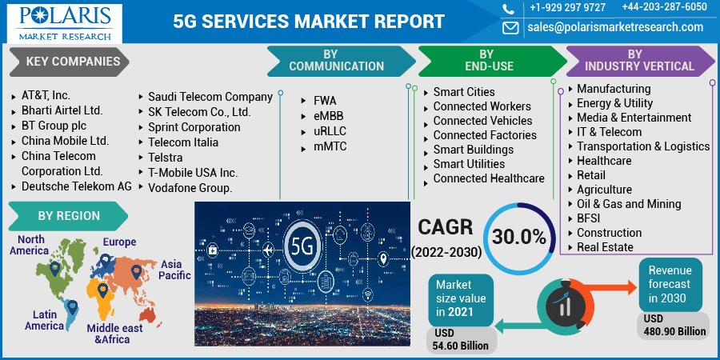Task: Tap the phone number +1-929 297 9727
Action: [567, 8]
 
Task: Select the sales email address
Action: [614, 27]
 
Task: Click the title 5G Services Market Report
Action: [309, 22]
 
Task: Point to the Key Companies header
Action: [73, 62]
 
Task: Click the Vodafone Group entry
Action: [190, 188]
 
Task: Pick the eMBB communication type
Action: [328, 116]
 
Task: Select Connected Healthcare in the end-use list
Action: [489, 178]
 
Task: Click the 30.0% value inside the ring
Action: [519, 238]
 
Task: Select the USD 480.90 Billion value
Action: [674, 325]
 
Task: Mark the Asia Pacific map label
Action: [175, 270]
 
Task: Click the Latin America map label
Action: [44, 320]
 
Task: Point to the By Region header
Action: [69, 216]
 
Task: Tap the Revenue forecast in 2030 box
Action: [670, 284]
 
